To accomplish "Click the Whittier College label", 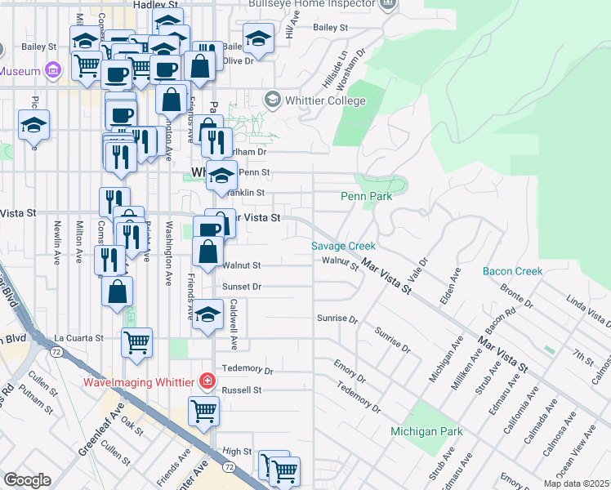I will (x=325, y=100).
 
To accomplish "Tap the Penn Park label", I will (x=366, y=197).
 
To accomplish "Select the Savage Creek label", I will (x=343, y=246).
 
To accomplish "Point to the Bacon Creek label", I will (x=512, y=271).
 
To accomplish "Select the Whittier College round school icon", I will (x=273, y=100).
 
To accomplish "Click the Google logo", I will (x=27, y=480).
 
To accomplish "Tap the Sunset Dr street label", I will (x=242, y=287).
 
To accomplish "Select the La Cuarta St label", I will (x=78, y=337).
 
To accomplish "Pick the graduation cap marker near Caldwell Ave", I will (x=208, y=314).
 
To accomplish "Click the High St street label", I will (x=237, y=451).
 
